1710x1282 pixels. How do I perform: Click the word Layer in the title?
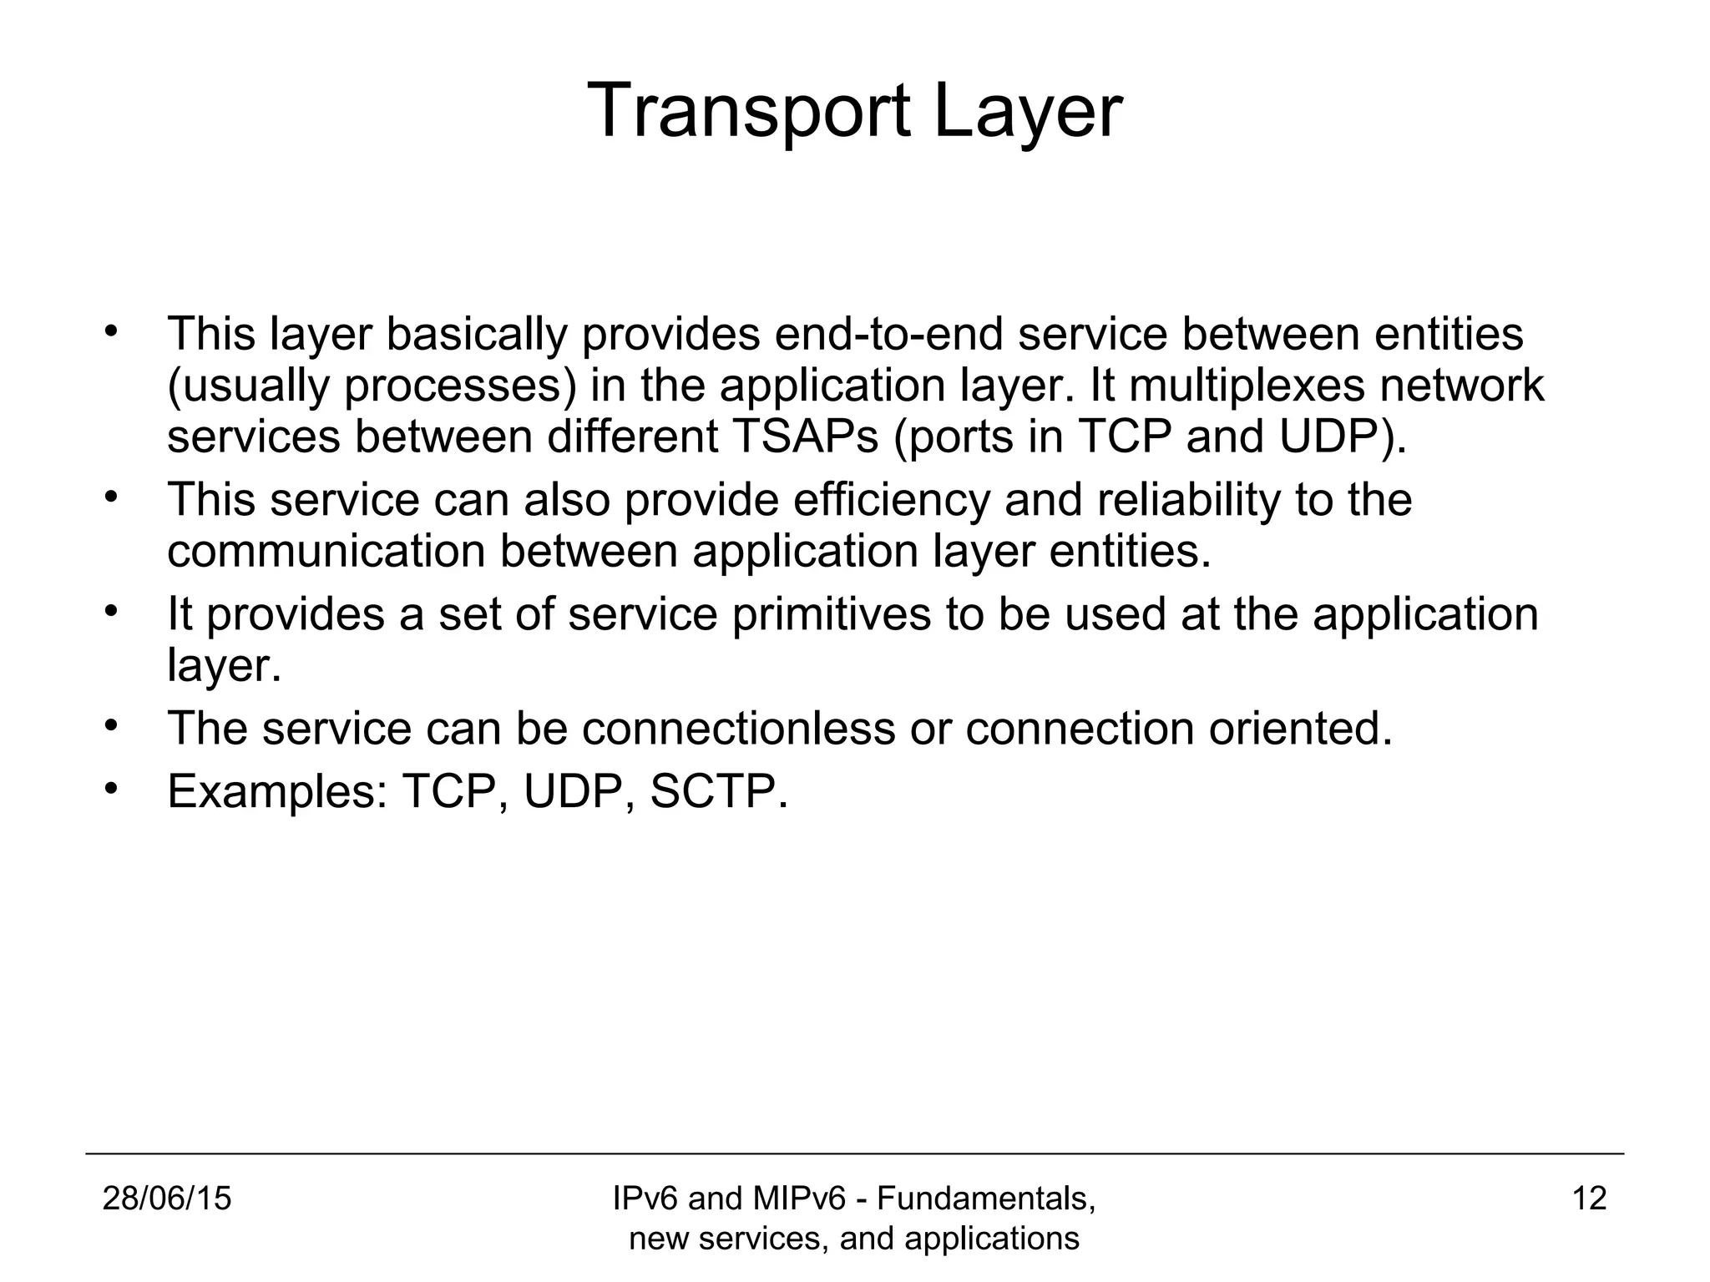click(1027, 111)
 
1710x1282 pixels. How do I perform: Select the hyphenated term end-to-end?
click(888, 334)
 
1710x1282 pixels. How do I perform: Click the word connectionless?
click(738, 728)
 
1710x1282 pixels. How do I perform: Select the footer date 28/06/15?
click(167, 1199)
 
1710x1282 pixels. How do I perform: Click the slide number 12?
click(1589, 1199)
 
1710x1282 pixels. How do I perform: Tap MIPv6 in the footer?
click(799, 1199)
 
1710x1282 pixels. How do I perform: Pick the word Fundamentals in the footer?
click(985, 1199)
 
